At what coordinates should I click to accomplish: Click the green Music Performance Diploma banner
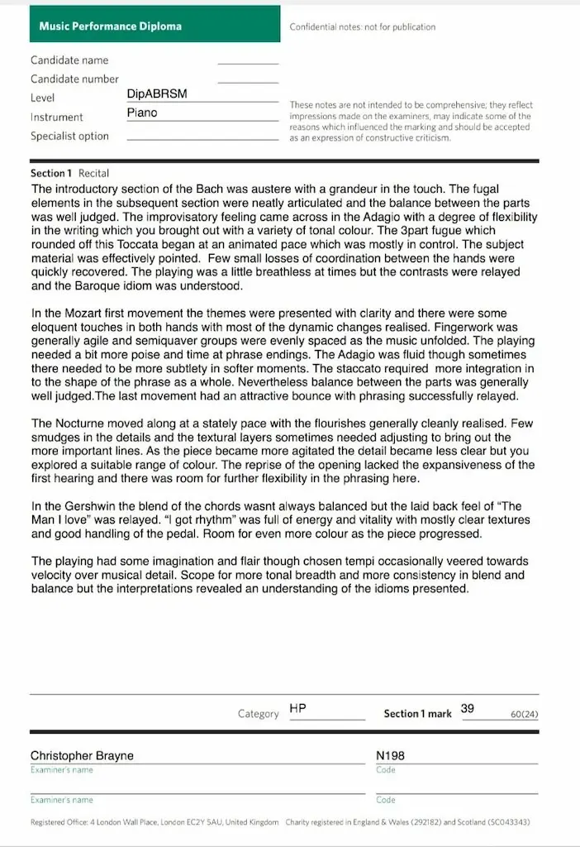click(111, 26)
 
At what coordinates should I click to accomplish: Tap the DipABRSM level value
click(157, 94)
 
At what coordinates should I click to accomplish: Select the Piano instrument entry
click(142, 113)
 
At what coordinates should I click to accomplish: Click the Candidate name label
click(69, 60)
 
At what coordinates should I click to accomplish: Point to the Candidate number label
click(74, 79)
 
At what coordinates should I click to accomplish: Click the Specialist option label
click(69, 136)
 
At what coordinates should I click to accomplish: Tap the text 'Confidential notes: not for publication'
click(362, 27)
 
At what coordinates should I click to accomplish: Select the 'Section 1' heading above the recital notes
click(52, 174)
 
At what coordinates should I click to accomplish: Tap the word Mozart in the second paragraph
click(88, 313)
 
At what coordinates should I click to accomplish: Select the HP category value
click(298, 710)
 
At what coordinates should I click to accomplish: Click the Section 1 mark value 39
click(468, 709)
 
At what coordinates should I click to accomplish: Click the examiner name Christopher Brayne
click(82, 756)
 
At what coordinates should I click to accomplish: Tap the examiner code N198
click(390, 756)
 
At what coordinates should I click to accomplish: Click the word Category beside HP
click(258, 714)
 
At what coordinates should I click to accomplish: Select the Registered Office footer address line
click(154, 823)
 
